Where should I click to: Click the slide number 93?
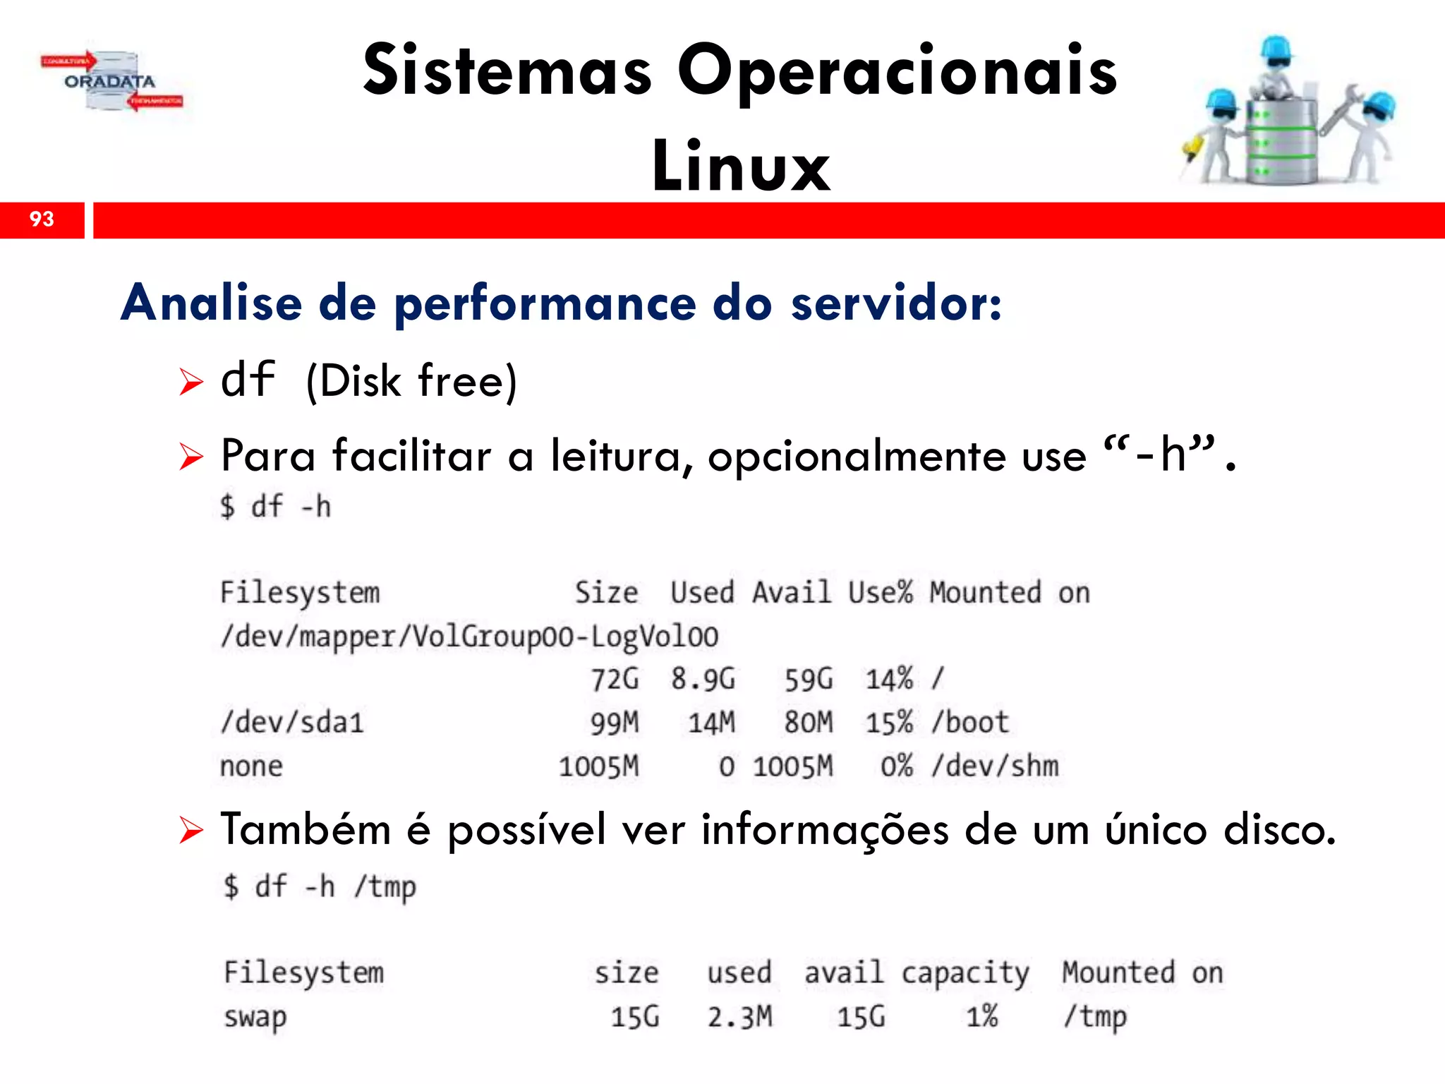tap(42, 219)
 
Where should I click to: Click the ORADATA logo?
tap(111, 82)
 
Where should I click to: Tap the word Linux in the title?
tap(741, 167)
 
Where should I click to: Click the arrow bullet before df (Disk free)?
tap(191, 382)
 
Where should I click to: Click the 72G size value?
tap(615, 680)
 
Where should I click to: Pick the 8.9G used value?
tap(703, 680)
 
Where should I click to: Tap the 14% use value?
tap(889, 680)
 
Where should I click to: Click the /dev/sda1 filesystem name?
tap(292, 723)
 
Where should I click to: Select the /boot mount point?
tap(970, 723)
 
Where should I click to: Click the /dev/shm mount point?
tap(995, 766)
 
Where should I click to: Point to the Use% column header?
tap(880, 593)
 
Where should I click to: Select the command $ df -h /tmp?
tap(320, 887)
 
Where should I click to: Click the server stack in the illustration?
tap(1281, 141)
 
